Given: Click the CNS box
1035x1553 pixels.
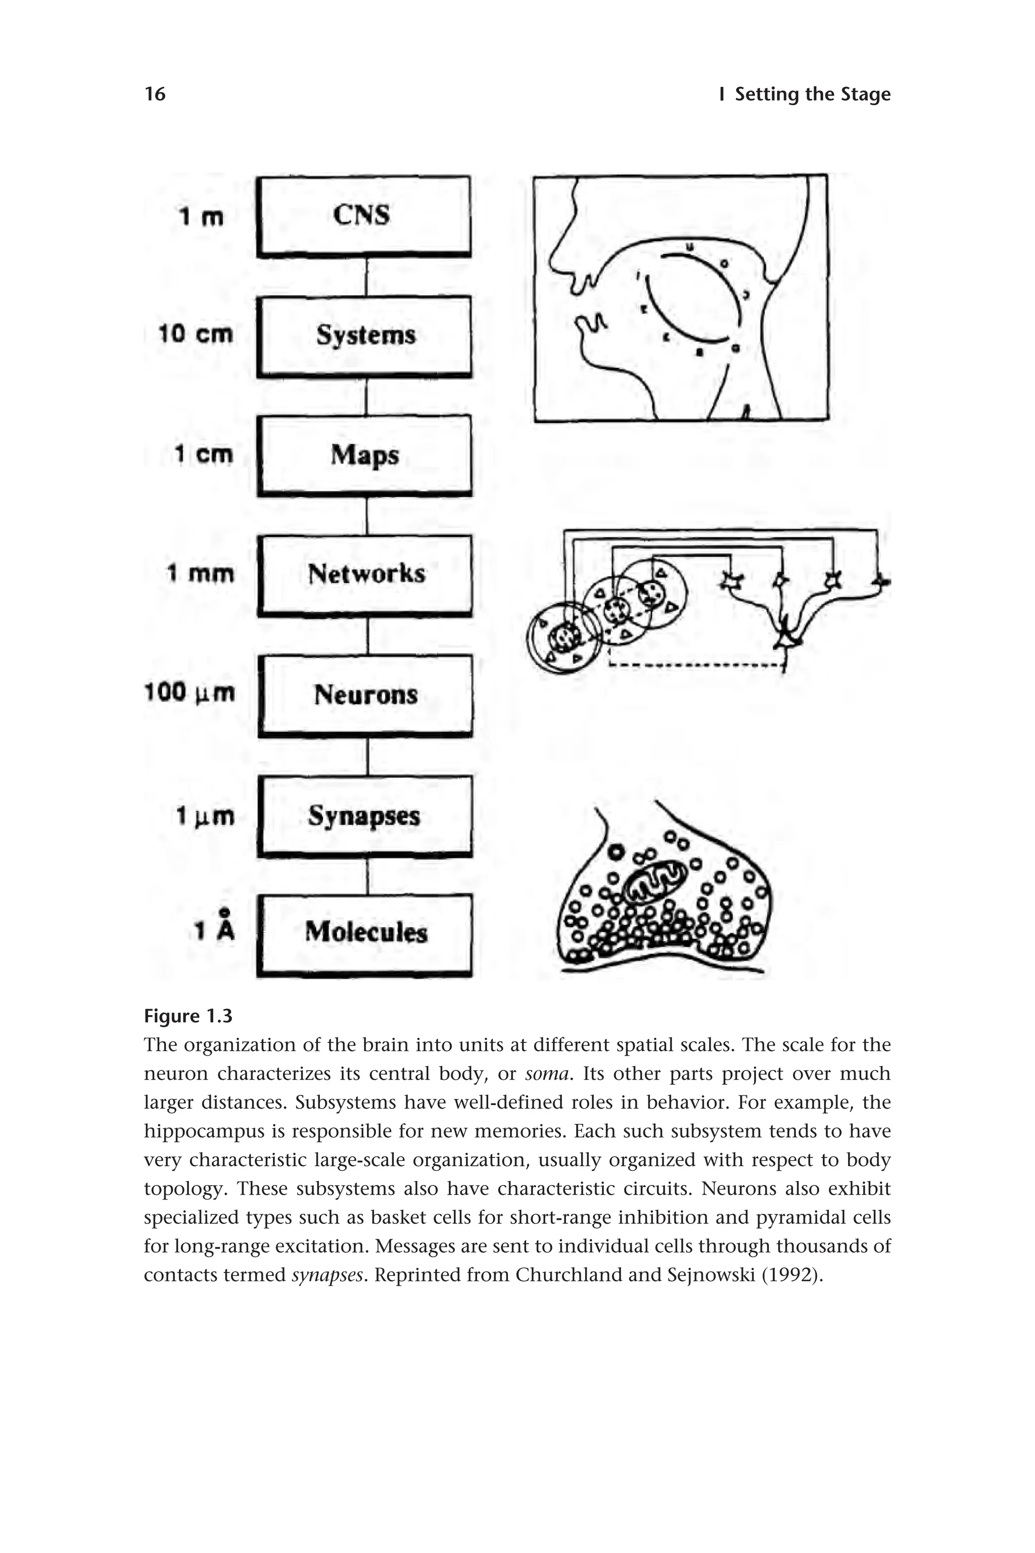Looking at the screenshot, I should [364, 215].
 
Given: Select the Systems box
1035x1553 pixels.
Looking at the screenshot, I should [364, 336].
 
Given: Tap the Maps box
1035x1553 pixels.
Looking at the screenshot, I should [364, 455].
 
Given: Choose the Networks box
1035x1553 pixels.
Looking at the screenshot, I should [365, 574].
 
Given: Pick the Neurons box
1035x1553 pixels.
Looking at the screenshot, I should [365, 695].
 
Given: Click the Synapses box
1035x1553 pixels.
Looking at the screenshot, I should [365, 815].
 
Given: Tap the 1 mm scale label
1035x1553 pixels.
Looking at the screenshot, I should [201, 573].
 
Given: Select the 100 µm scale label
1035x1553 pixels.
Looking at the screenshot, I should [190, 693].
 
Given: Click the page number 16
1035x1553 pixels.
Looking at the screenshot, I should [155, 95].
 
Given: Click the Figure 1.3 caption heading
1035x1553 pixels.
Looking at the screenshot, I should [188, 1016].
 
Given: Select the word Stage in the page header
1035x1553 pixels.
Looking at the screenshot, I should [865, 95].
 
